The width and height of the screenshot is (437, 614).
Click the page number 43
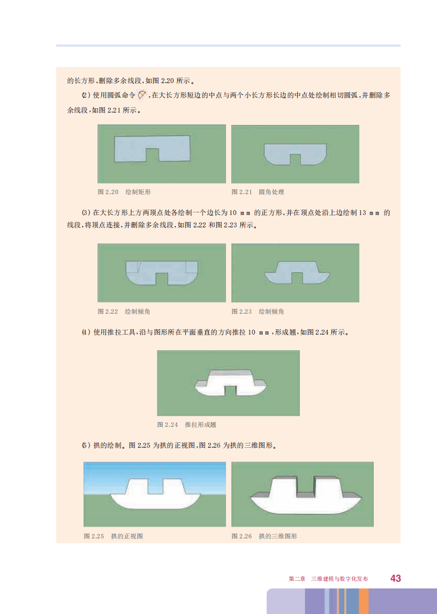(x=396, y=579)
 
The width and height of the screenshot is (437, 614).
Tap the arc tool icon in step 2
(x=142, y=95)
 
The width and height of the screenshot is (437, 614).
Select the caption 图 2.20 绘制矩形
(x=124, y=192)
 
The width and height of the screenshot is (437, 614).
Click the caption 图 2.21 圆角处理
(x=258, y=192)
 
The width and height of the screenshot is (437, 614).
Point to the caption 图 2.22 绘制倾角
(x=124, y=312)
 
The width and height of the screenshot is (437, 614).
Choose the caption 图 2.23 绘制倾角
(x=258, y=312)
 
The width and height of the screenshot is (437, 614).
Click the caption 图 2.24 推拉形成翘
(x=186, y=425)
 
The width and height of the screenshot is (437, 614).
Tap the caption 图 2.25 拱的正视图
(x=113, y=536)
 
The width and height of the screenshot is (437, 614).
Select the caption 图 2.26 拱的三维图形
(x=264, y=536)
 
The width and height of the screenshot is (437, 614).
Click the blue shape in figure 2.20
(x=129, y=149)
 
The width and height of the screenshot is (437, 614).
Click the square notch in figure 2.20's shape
(x=153, y=155)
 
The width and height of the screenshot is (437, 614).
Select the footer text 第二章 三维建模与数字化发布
(x=328, y=579)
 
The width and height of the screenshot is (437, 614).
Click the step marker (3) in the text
(x=86, y=213)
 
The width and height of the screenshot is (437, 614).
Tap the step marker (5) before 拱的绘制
(x=86, y=445)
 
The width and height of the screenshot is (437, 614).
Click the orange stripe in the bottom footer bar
(x=364, y=601)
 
